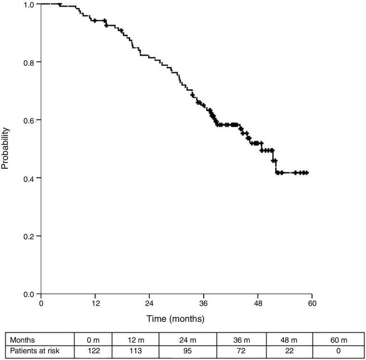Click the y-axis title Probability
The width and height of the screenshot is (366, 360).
[x=5, y=148]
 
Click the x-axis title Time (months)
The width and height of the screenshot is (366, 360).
[x=175, y=319]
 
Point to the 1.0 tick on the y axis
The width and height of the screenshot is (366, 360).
[x=30, y=4]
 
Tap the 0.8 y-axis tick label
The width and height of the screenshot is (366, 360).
[x=30, y=62]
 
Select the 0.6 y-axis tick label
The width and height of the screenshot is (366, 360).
[x=30, y=120]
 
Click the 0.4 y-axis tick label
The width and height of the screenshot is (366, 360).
[x=30, y=178]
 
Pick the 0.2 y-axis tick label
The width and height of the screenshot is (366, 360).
[x=30, y=236]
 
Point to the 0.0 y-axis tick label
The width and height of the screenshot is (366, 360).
[x=30, y=294]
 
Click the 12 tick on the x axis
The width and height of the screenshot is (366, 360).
[x=95, y=303]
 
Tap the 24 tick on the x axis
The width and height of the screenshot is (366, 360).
[x=149, y=303]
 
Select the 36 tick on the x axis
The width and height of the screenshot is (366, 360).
[x=203, y=303]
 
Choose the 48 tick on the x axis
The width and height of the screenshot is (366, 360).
[x=258, y=303]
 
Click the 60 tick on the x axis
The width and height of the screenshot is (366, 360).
[x=312, y=303]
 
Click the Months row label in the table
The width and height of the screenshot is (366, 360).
[x=23, y=340]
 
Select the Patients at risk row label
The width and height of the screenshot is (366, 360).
[x=35, y=351]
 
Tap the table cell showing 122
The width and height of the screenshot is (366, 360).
[x=93, y=351]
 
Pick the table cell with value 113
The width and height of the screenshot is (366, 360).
[x=135, y=351]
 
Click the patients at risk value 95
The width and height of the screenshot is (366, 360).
[x=188, y=351]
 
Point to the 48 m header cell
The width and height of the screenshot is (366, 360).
[x=289, y=340]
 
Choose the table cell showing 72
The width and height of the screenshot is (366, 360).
[x=241, y=351]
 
